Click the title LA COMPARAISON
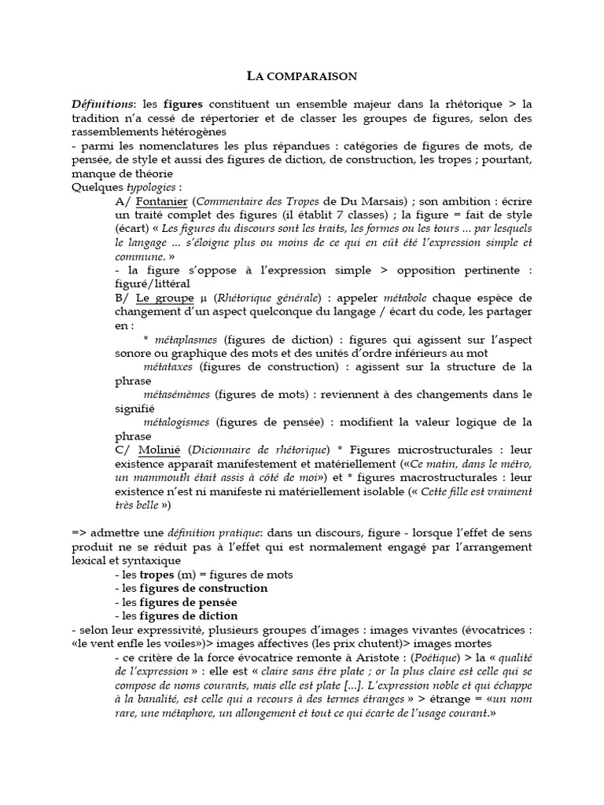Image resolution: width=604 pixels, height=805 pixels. click(x=302, y=76)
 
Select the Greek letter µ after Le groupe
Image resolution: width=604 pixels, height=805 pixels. click(x=203, y=298)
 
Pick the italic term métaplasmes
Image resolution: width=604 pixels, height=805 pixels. click(x=187, y=340)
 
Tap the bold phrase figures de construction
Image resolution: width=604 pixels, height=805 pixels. click(x=203, y=588)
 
